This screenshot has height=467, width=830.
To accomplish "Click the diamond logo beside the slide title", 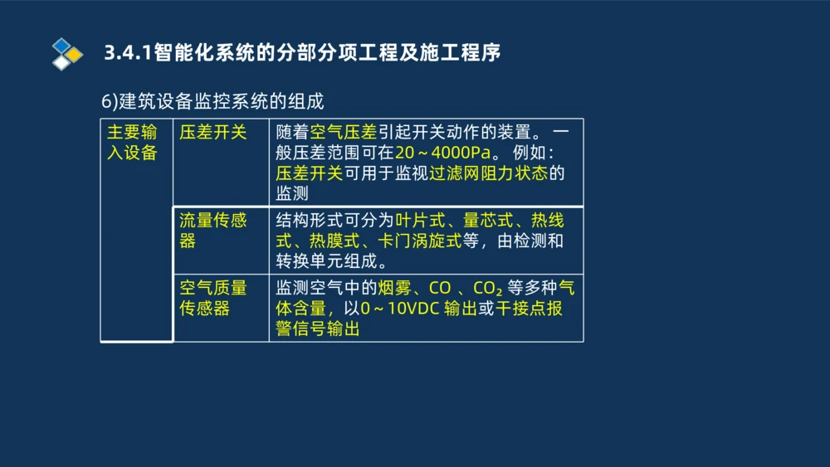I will pos(67,53).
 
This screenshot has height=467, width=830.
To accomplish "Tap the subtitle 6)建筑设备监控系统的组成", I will pos(212,101).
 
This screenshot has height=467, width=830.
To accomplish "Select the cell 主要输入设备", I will pos(133,142).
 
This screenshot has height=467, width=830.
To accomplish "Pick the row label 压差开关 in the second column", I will pos(213,132).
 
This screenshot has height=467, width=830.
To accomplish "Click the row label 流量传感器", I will pos(213,230).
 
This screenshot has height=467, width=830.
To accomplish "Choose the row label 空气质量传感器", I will pos(213,298).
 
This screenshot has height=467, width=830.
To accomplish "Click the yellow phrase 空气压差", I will pos(343,132).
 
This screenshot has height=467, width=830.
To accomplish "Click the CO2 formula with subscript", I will pos(487,289).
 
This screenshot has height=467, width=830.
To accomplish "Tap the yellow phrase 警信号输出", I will pos(318,329).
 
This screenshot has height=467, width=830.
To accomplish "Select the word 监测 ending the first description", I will pos(292,194).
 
